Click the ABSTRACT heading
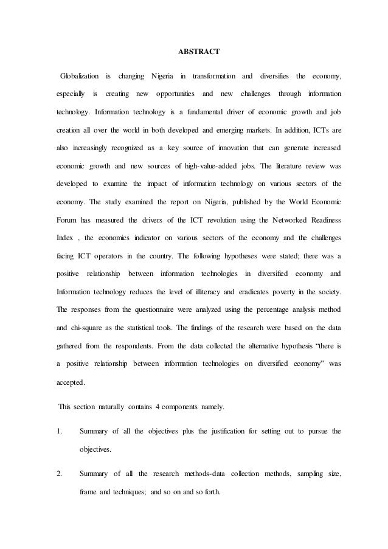(193, 53)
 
